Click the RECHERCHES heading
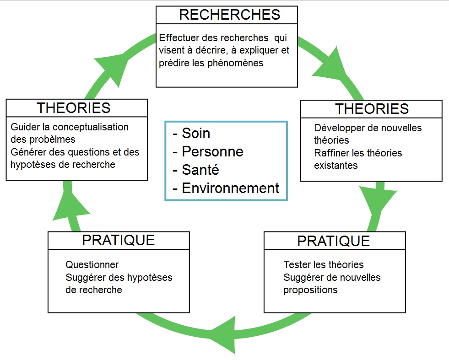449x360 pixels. coord(230,15)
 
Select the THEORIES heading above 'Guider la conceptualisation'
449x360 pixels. coord(74,108)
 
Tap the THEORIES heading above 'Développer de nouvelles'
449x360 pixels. coord(372,109)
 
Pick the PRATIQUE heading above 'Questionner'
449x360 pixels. coord(119,240)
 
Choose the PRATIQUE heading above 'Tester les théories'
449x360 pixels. coord(334,241)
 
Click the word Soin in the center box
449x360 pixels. coord(196,133)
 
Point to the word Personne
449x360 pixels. coord(212,151)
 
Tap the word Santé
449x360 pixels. coord(200,170)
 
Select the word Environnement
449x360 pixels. coord(230,188)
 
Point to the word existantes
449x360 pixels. coord(336,165)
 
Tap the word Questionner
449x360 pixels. coord(92,264)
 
